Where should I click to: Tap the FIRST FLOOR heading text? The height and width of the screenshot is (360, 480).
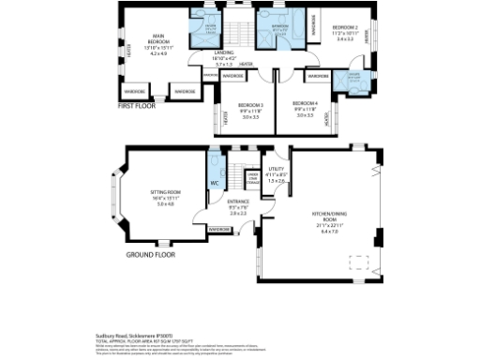tap(139, 106)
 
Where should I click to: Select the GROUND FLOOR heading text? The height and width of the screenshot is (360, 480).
tap(150, 254)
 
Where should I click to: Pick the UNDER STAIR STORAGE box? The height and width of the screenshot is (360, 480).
tap(252, 177)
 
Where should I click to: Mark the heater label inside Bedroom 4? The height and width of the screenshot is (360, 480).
tap(327, 118)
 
